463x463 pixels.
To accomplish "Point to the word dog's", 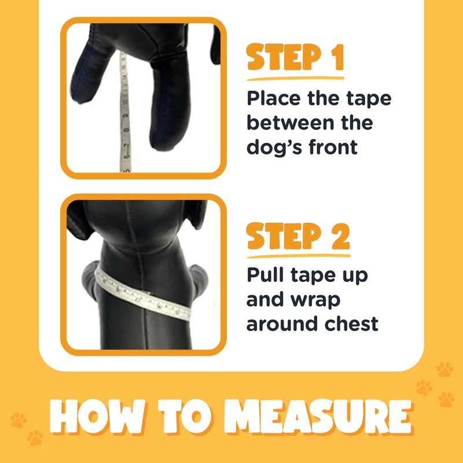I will pos(275,147).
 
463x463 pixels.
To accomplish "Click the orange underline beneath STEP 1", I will pos(295,78).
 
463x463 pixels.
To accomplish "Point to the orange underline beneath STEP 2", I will pos(298,255).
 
